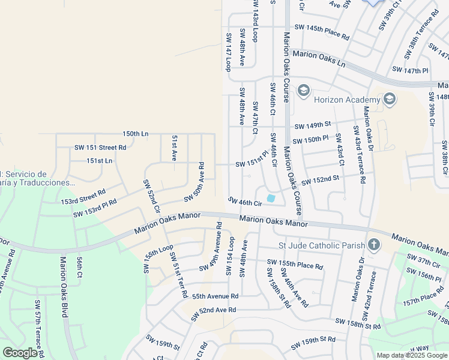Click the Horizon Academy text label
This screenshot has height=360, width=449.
point(344,100)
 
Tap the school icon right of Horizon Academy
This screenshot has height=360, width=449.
point(389,99)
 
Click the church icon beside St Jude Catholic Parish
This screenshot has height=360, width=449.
point(374,244)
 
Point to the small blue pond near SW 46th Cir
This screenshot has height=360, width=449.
point(271,198)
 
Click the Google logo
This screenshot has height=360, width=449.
point(20,352)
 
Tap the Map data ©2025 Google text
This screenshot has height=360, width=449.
point(412,355)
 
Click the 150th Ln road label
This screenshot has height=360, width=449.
point(135,133)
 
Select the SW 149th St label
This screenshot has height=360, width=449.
point(313,125)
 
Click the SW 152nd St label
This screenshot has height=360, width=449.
point(320,179)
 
